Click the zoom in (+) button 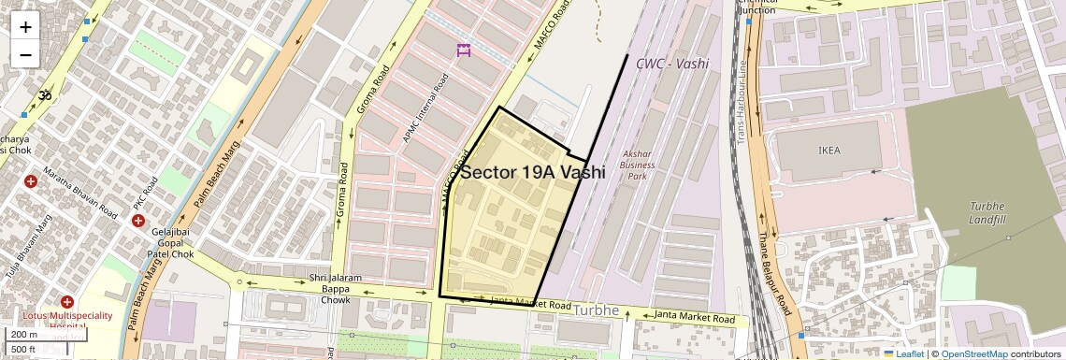[x=25, y=26]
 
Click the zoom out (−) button [x=25, y=54]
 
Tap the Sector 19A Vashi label [x=532, y=173]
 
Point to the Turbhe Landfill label [x=987, y=212]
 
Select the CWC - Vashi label [x=671, y=64]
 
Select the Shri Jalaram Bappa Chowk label [x=336, y=288]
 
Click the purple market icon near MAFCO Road [x=463, y=50]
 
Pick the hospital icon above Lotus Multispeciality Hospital [x=66, y=302]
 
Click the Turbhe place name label [x=597, y=310]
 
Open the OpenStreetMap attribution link [x=973, y=353]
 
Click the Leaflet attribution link [x=903, y=353]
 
